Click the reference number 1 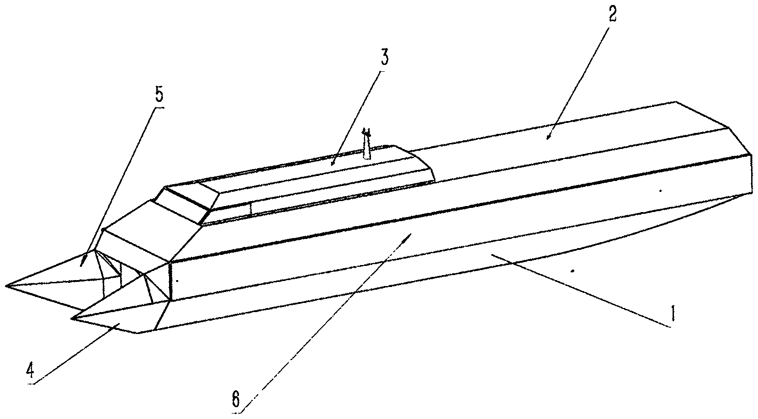coord(673,313)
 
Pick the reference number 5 coord(159,95)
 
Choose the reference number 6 coord(236,400)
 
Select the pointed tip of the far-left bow coord(6,286)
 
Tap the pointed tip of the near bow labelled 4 coord(72,318)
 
